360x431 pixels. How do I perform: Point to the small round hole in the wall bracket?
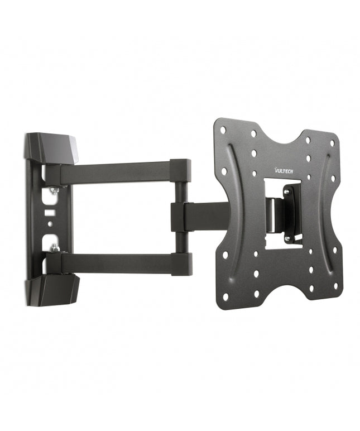point(50,224)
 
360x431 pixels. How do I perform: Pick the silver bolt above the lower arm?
point(54,246)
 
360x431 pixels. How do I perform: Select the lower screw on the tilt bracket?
point(287,240)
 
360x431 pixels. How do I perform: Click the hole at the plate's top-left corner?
point(223,130)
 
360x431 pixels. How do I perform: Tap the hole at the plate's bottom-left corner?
point(225,297)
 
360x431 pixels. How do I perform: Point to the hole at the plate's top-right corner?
point(333,143)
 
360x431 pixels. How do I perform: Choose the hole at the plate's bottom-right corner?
point(335,286)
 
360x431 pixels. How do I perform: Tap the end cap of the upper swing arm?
point(181,170)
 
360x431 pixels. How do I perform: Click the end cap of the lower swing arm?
point(181,264)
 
